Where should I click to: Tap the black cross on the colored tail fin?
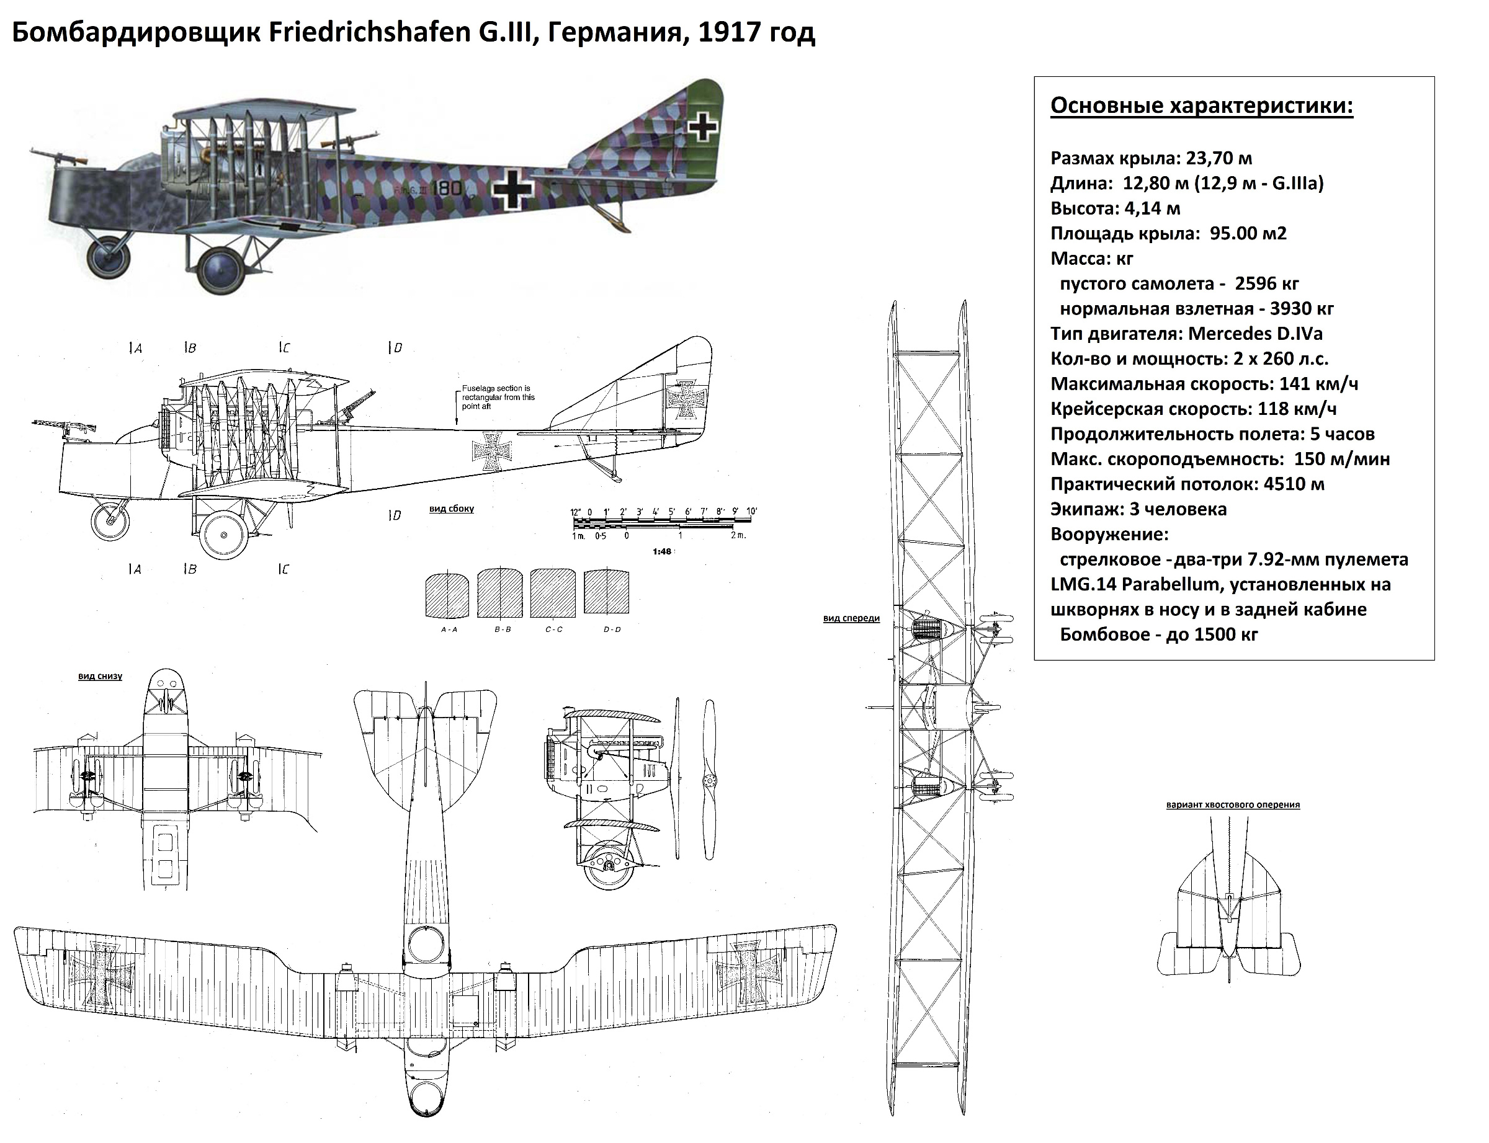(703, 127)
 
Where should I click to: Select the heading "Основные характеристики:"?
(1201, 106)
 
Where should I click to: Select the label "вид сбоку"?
(451, 509)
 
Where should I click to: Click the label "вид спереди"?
(851, 618)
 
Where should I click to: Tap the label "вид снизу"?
(100, 676)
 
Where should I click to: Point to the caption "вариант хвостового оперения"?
(1232, 805)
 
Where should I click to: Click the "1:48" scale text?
(661, 552)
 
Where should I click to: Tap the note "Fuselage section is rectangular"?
(498, 398)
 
